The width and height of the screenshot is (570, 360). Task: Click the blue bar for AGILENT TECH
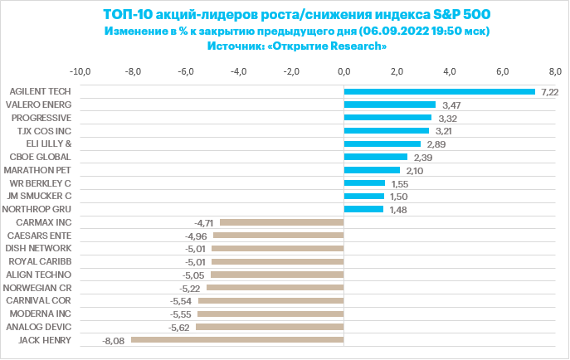point(439,91)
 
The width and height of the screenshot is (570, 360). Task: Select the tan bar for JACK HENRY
point(237,340)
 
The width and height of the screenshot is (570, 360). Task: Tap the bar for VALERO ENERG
point(389,105)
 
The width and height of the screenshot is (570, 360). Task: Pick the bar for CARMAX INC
point(281,222)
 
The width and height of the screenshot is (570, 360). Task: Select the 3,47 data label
point(451,105)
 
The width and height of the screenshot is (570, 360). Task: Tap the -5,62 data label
point(180,328)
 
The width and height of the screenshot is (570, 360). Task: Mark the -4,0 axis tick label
point(238,72)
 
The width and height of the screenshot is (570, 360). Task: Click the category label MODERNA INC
point(40,314)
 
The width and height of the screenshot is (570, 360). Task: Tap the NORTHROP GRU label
point(39,209)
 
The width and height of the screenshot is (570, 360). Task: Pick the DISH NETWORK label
point(38,248)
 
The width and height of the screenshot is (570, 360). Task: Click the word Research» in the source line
point(358,46)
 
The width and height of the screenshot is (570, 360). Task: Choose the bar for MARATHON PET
point(372,170)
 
